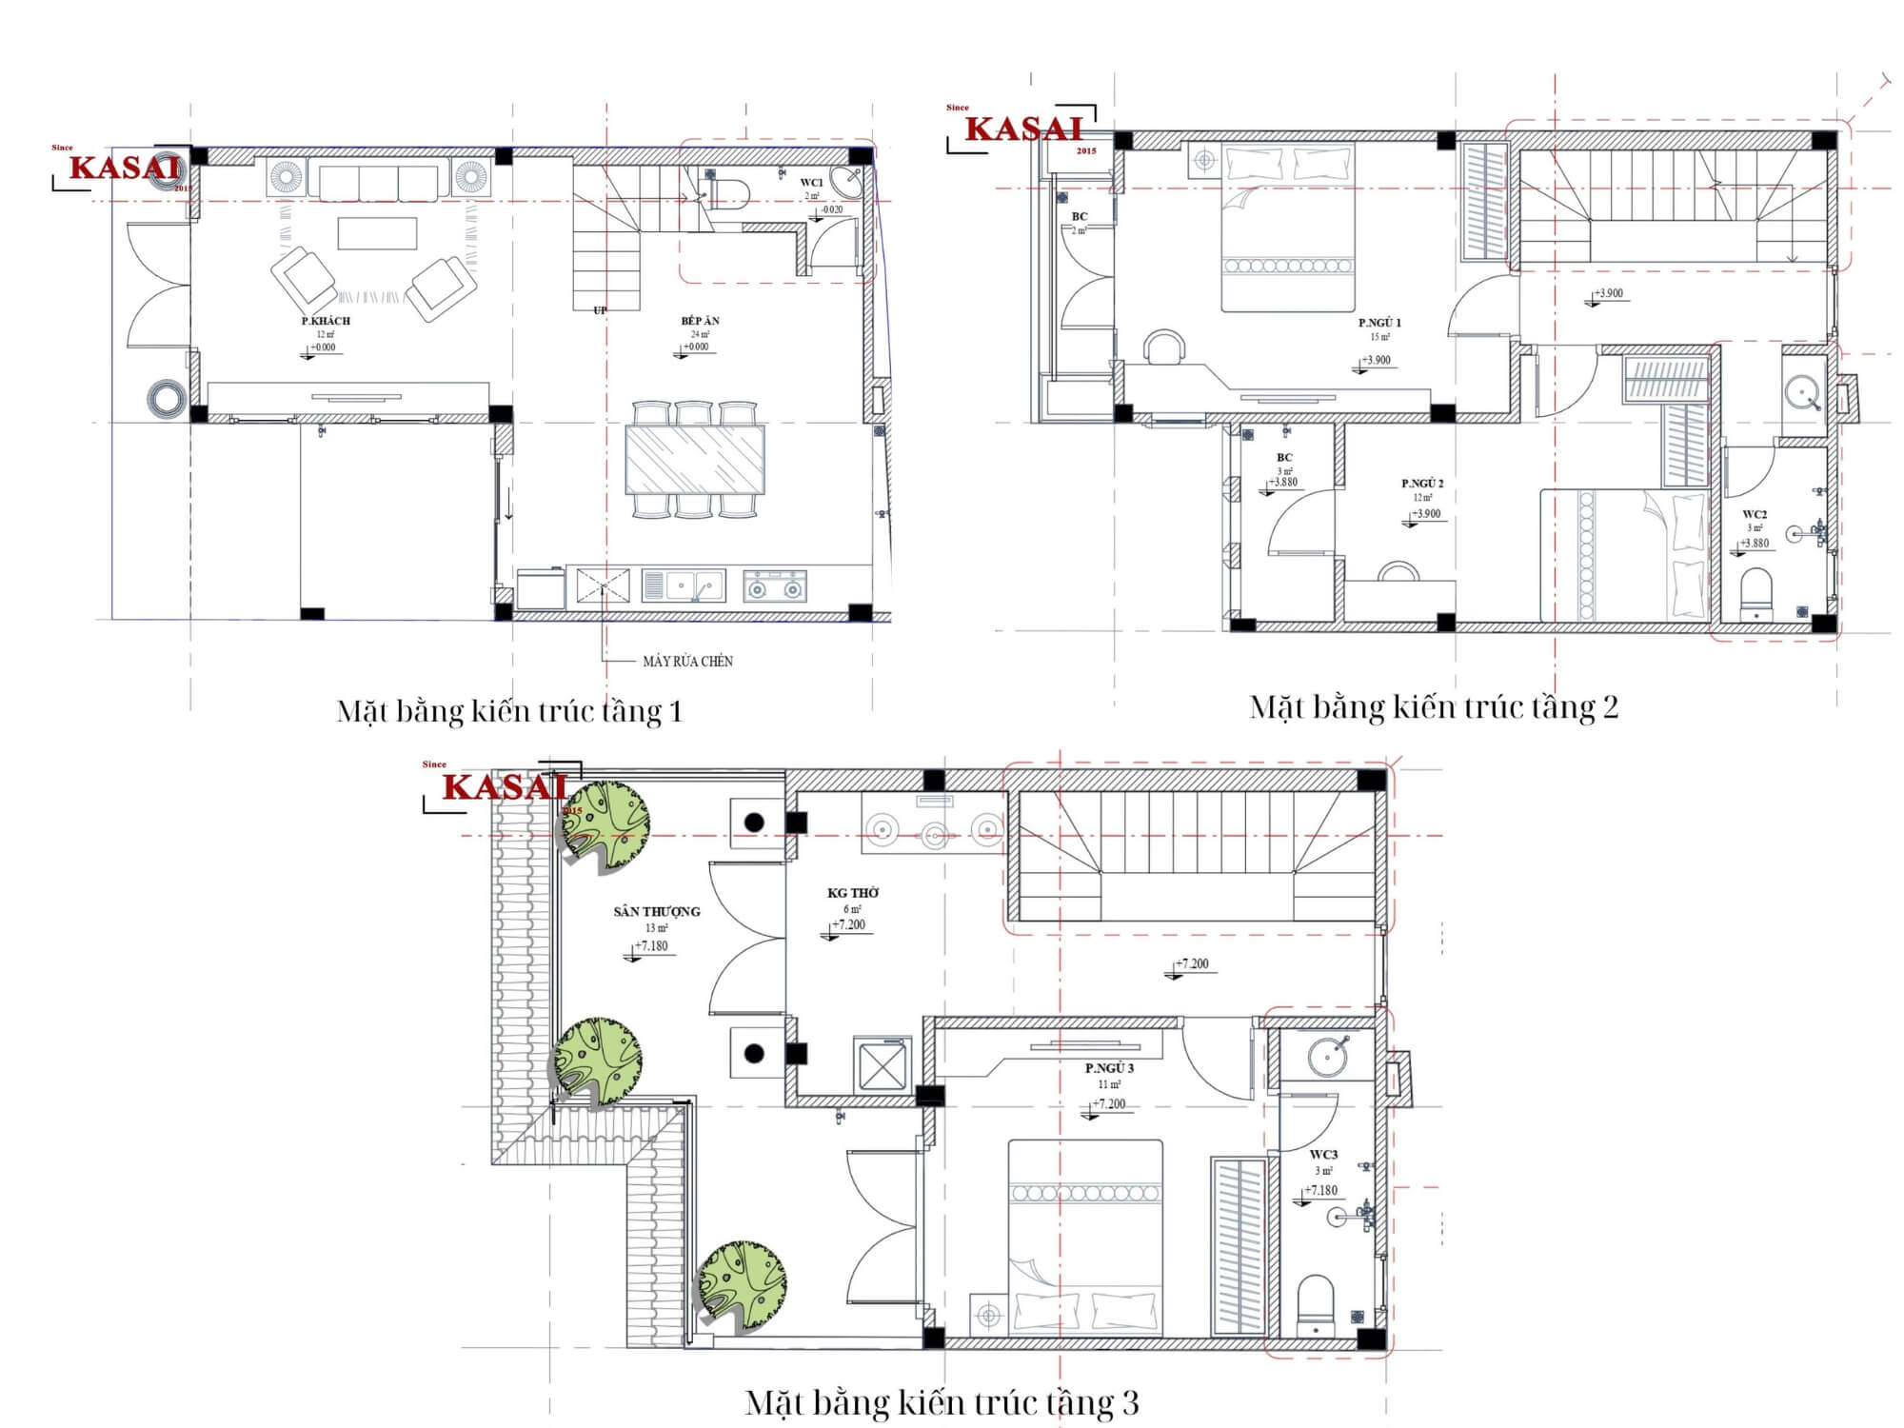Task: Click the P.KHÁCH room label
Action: coord(326,322)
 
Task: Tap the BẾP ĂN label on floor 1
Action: coord(700,322)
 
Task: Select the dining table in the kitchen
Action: coord(694,460)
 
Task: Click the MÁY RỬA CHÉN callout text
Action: coord(687,662)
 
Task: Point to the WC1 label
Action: coord(811,183)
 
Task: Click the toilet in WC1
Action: coord(728,193)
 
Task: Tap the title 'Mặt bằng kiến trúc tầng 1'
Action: coord(509,712)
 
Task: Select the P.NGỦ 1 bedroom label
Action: coord(1379,324)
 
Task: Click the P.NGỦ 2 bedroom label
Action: coord(1422,484)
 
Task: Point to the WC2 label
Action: coord(1755,515)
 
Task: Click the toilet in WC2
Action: coord(1755,592)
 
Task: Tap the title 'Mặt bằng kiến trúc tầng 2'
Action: coord(1433,708)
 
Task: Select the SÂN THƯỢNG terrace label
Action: coord(656,912)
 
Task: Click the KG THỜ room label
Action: coord(852,893)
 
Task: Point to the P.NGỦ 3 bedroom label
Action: coord(1109,1069)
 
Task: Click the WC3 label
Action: coord(1323,1155)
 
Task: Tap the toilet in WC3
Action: coord(1316,1304)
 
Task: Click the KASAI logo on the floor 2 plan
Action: coord(1024,129)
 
